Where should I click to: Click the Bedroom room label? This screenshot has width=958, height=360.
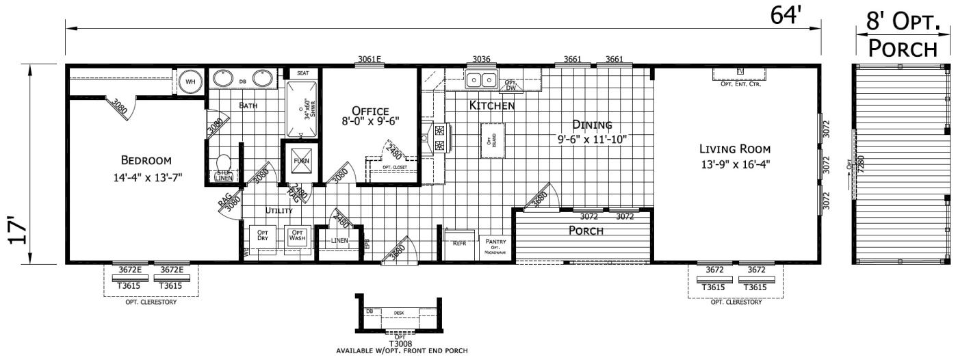[x=146, y=161]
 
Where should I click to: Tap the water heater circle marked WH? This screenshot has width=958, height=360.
[x=190, y=83]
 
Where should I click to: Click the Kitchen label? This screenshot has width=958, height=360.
[x=491, y=106]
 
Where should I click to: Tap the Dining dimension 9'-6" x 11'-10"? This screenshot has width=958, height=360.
[x=592, y=139]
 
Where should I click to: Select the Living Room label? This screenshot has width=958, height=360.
[x=734, y=149]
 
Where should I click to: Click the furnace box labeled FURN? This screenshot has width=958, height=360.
[x=301, y=161]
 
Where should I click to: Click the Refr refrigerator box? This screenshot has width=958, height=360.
[x=459, y=242]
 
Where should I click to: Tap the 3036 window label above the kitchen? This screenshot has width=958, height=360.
[x=482, y=59]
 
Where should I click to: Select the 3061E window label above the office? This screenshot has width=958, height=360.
[x=369, y=59]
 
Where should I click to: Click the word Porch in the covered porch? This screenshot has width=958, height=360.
[x=586, y=231]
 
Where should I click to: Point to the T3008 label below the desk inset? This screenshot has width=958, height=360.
[x=402, y=343]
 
